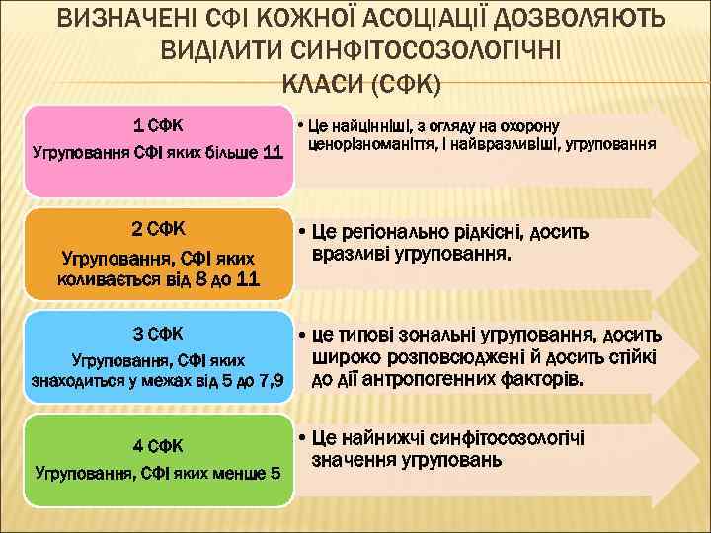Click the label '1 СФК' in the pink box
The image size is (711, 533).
tap(158, 125)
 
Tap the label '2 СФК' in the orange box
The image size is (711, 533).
tap(158, 229)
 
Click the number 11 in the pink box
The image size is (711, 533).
tap(274, 153)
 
